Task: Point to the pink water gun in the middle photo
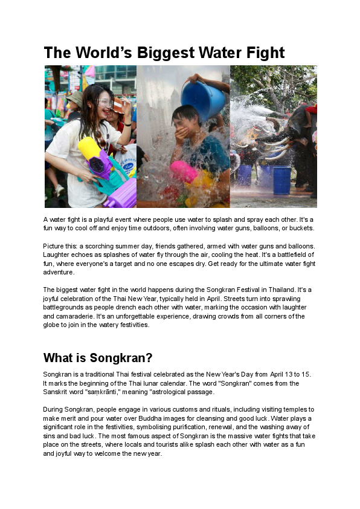pyautogui.click(x=185, y=172)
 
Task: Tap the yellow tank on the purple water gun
pyautogui.click(x=89, y=148)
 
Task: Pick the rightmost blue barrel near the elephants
pyautogui.click(x=281, y=180)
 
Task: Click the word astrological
pyautogui.click(x=178, y=392)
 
